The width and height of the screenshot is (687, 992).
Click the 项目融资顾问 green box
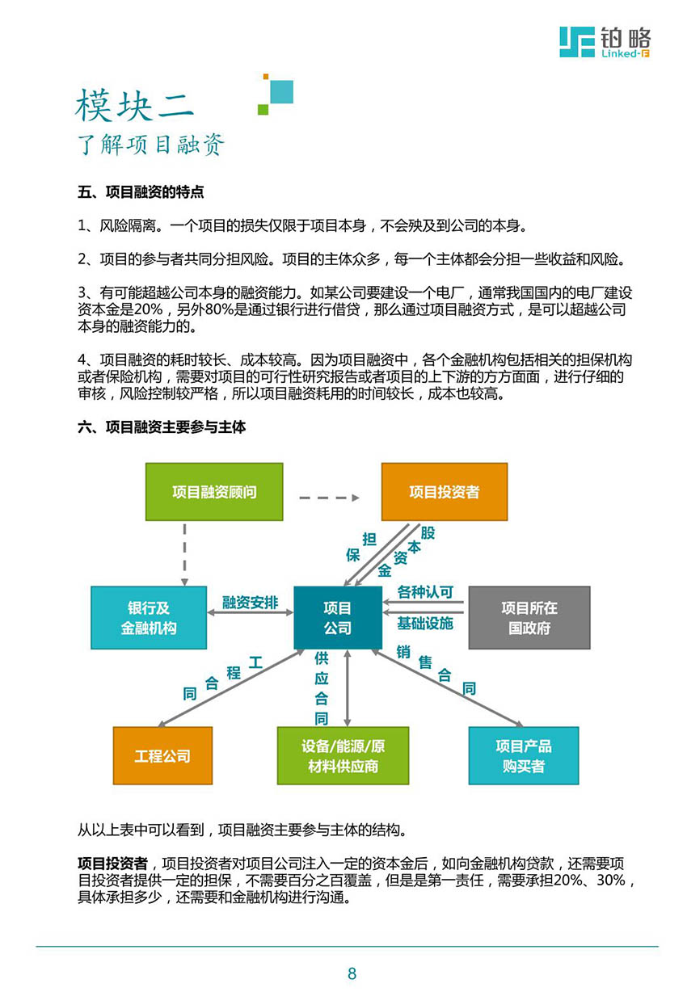click(x=214, y=491)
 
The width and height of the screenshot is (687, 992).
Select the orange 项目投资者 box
click(x=444, y=491)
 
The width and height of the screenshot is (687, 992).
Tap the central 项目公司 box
click(x=337, y=617)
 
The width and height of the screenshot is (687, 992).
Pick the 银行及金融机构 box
click(x=149, y=617)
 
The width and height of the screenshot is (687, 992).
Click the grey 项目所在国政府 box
click(x=529, y=617)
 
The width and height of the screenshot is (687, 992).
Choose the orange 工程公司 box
click(x=162, y=756)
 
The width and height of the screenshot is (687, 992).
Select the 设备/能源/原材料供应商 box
click(x=343, y=756)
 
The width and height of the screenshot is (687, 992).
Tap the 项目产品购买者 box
click(x=523, y=756)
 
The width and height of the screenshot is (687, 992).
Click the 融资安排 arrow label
click(x=250, y=603)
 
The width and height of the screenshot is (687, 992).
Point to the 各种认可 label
click(x=424, y=592)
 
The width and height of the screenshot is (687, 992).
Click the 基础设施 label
click(x=424, y=624)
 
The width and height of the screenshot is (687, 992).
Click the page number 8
click(x=352, y=973)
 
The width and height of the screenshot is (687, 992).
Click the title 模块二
click(x=135, y=105)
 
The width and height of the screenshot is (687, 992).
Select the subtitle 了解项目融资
click(x=151, y=145)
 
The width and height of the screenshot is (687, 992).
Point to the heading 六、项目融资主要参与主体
click(x=162, y=427)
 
